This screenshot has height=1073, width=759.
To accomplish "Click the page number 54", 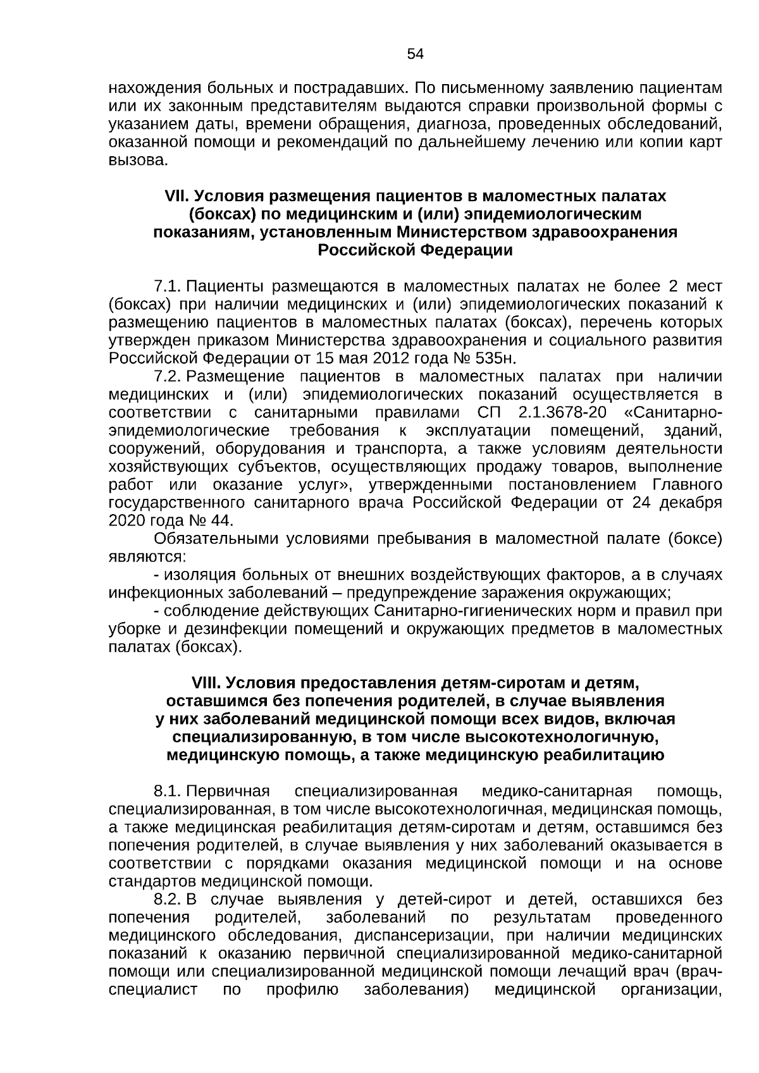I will point(415,54).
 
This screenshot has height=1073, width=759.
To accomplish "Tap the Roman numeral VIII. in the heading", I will point(206,683).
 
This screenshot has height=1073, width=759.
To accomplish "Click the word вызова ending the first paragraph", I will point(137,161).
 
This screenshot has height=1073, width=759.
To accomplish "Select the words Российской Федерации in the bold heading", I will point(415,250).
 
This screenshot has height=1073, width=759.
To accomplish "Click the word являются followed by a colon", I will point(146,557).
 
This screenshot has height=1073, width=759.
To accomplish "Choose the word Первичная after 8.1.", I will point(228,791).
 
